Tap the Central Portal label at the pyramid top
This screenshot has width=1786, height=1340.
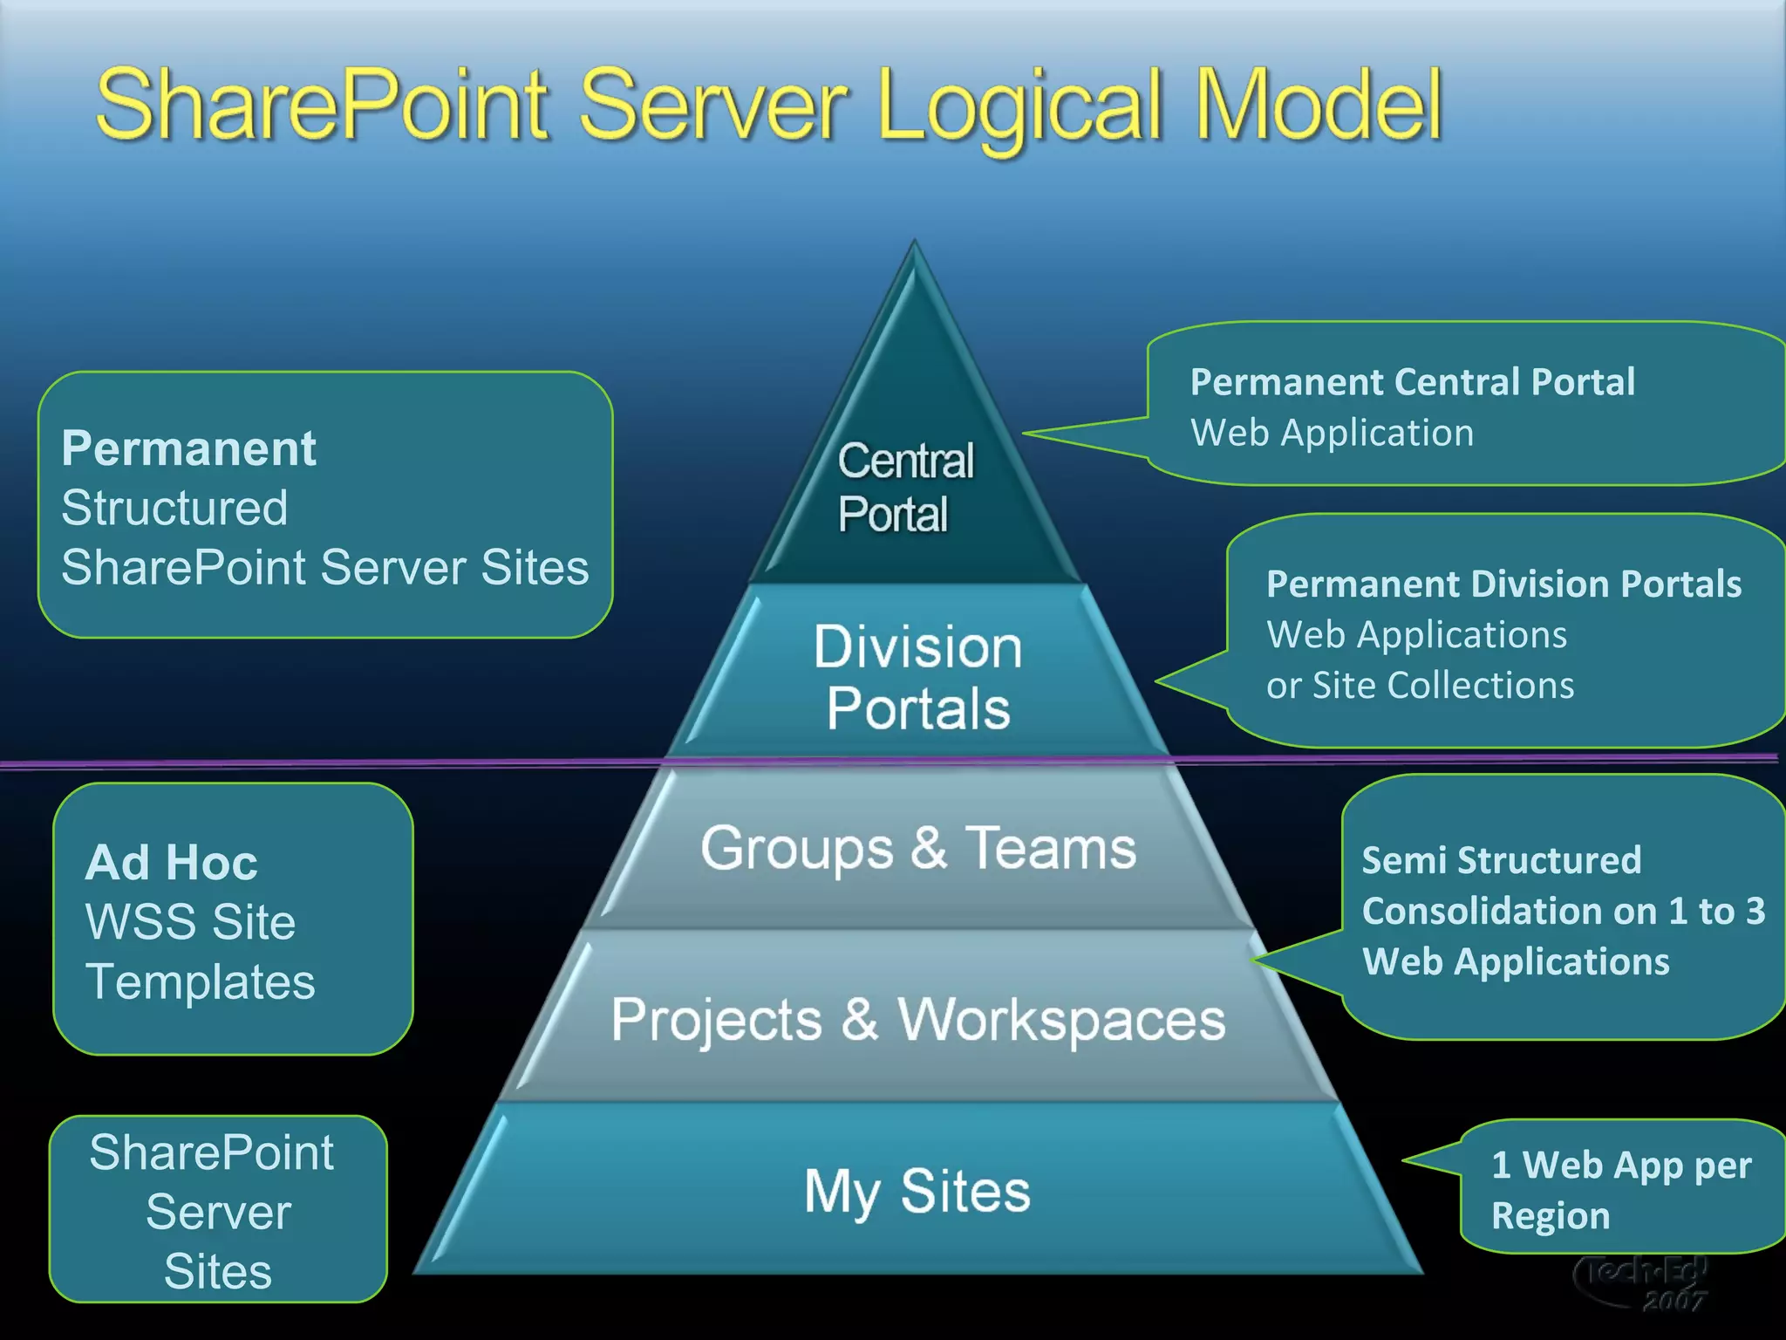click(x=904, y=487)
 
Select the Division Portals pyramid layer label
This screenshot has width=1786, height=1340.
click(x=917, y=677)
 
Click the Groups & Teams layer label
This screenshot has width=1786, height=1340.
click(x=918, y=848)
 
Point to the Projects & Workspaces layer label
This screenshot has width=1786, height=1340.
click(x=918, y=1019)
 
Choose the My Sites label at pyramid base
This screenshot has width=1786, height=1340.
click(x=917, y=1192)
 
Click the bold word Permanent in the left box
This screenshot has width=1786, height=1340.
click(x=188, y=448)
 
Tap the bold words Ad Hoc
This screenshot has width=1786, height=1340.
click(x=171, y=863)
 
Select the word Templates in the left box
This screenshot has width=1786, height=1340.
click(x=200, y=982)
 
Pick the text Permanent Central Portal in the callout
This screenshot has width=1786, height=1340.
click(x=1412, y=382)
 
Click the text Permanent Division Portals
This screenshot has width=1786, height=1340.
click(x=1503, y=584)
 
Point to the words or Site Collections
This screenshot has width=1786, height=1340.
click(x=1420, y=686)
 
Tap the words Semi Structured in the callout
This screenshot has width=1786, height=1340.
click(x=1501, y=860)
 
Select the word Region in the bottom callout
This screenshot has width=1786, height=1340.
click(x=1550, y=1216)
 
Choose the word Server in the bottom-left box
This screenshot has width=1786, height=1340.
click(x=218, y=1212)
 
